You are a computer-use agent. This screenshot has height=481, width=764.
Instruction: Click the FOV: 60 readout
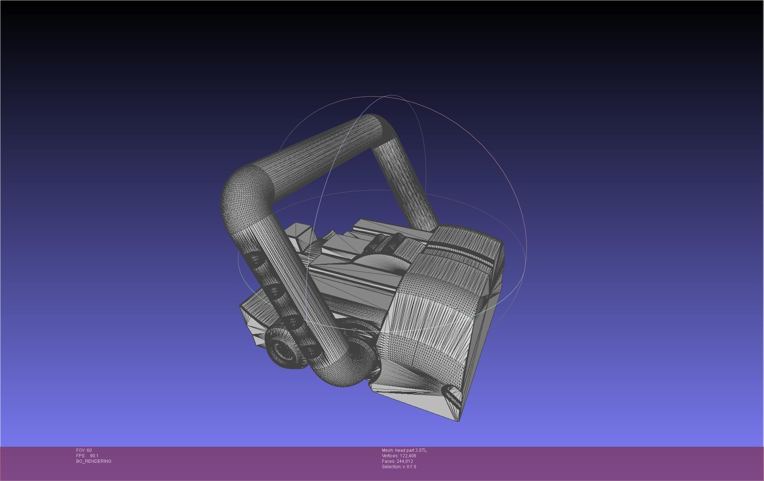click(x=84, y=450)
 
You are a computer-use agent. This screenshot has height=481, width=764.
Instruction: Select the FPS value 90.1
click(x=94, y=456)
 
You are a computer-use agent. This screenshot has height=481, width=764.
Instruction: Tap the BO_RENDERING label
click(x=94, y=461)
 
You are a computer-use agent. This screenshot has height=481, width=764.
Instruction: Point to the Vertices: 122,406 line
click(x=399, y=456)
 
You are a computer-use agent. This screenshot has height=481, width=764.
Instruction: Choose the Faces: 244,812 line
click(x=397, y=461)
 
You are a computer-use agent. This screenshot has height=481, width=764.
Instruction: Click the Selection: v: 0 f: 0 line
click(x=399, y=467)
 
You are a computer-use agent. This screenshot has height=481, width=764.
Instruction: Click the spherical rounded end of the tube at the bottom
click(x=343, y=372)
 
